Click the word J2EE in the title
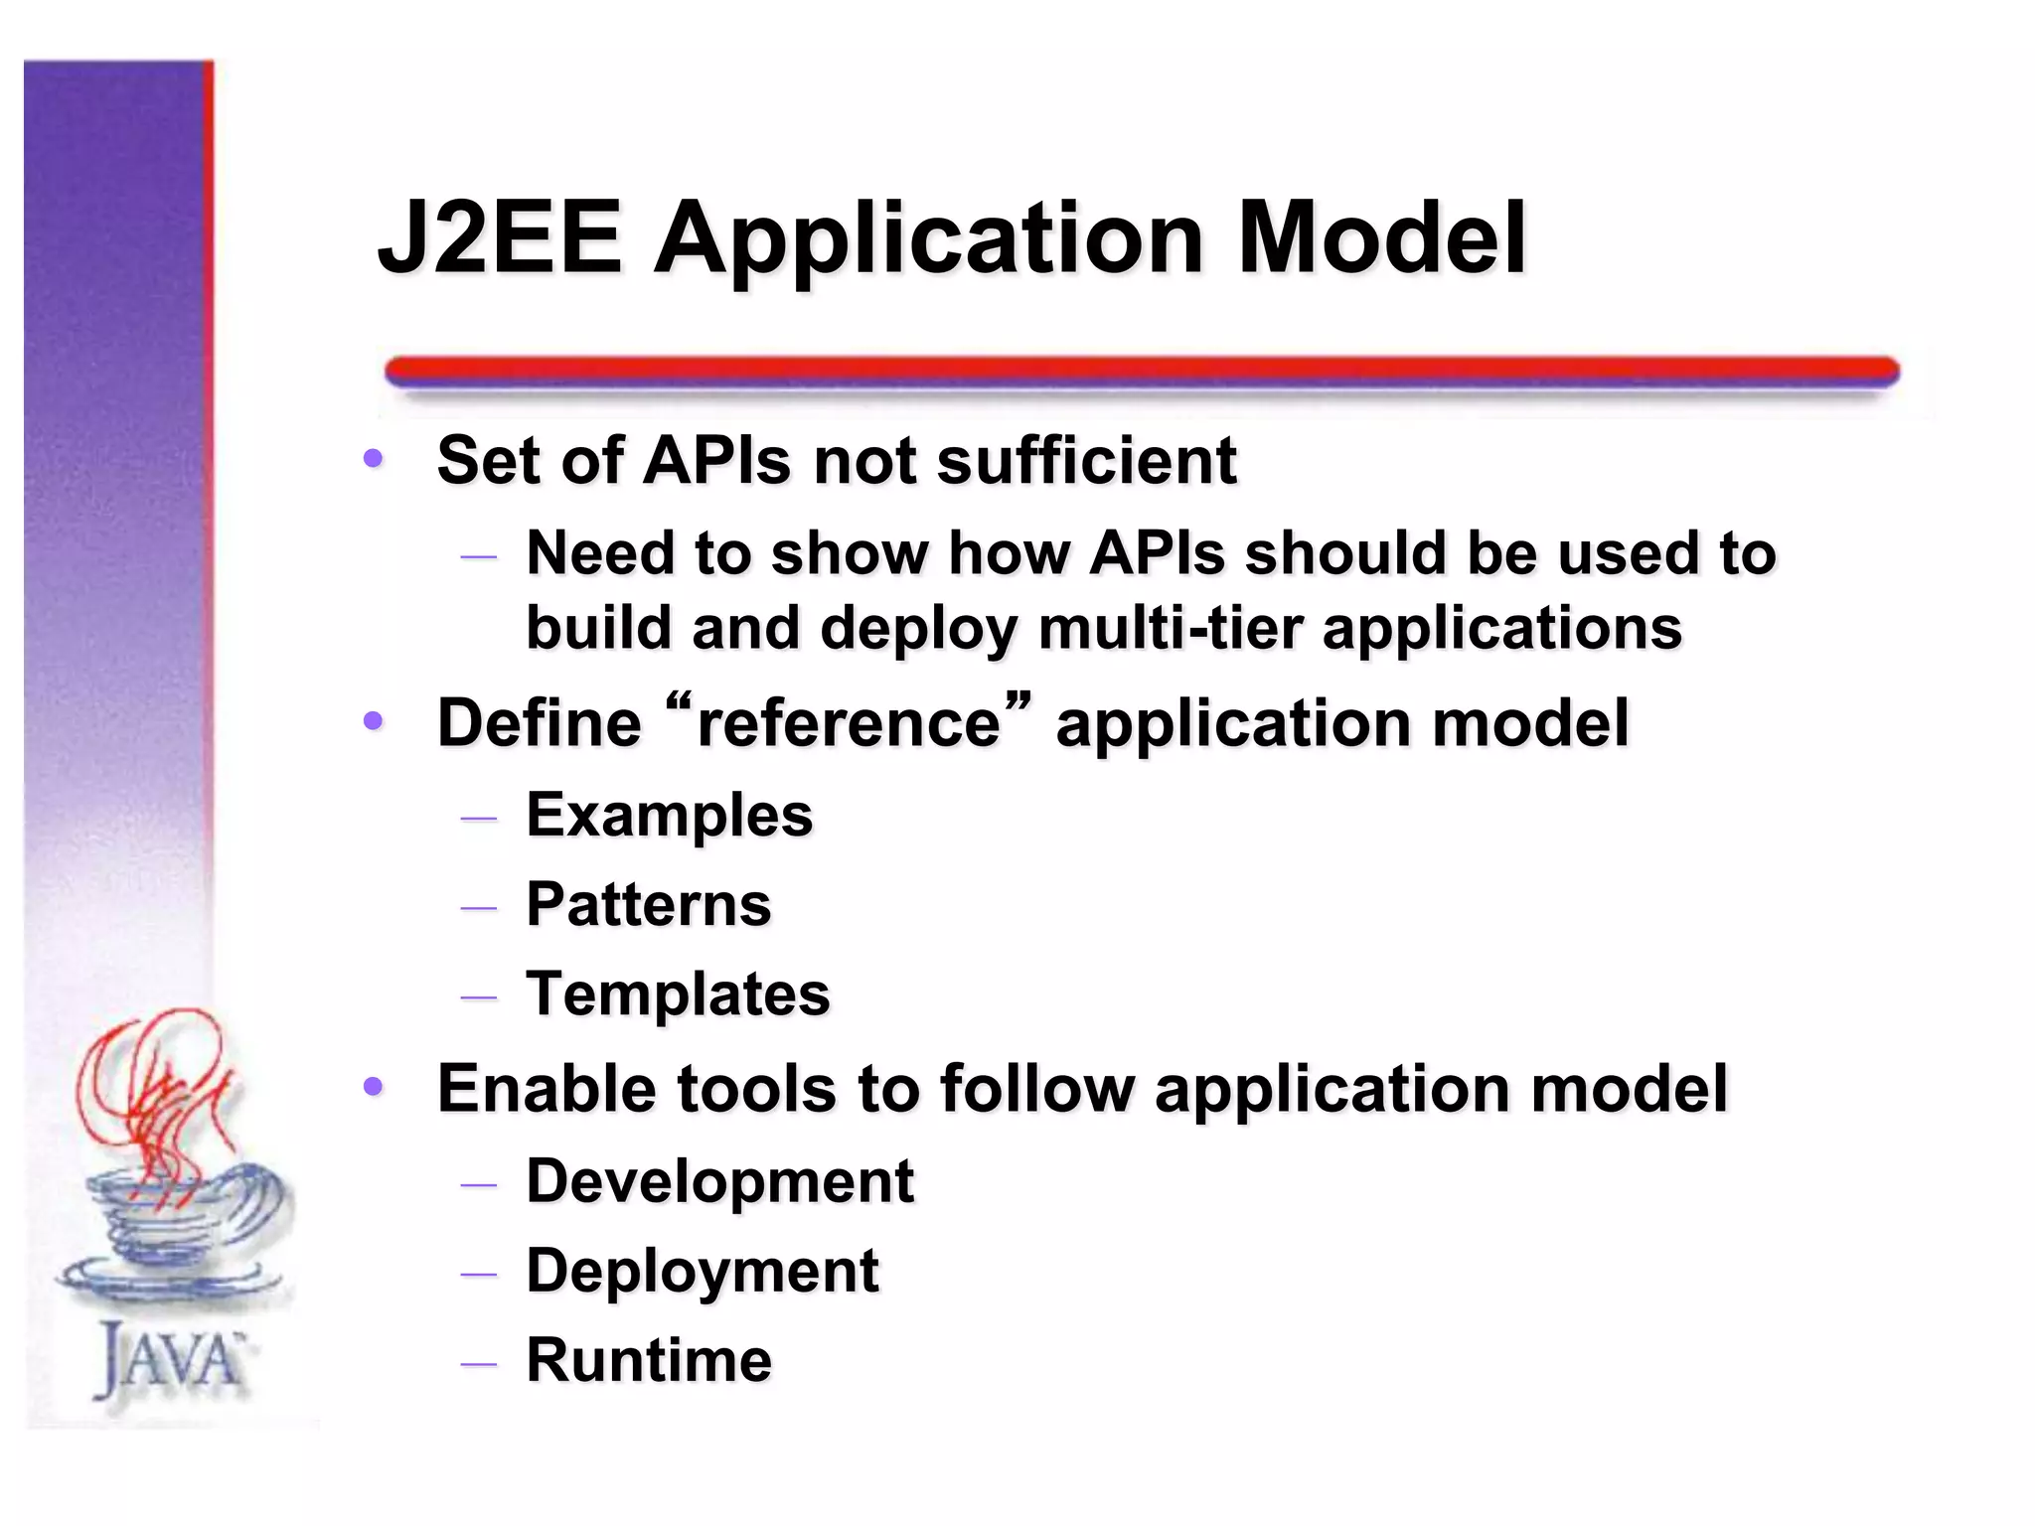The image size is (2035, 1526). pos(500,238)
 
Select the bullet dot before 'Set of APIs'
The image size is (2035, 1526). pos(374,459)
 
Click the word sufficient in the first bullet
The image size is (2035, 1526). pos(1087,461)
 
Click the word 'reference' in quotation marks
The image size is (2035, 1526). pos(848,722)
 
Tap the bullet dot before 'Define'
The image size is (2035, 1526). pos(374,721)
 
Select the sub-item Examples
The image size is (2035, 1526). pos(669,816)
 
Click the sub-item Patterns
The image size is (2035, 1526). pos(648,905)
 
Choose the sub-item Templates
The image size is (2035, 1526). pos(678,994)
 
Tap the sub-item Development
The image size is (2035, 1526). pos(719,1181)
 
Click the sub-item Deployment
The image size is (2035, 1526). pos(702,1272)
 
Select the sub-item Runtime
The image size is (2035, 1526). pos(648,1360)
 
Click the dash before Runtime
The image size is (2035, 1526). pos(479,1364)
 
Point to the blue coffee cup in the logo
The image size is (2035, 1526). pos(169,1222)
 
